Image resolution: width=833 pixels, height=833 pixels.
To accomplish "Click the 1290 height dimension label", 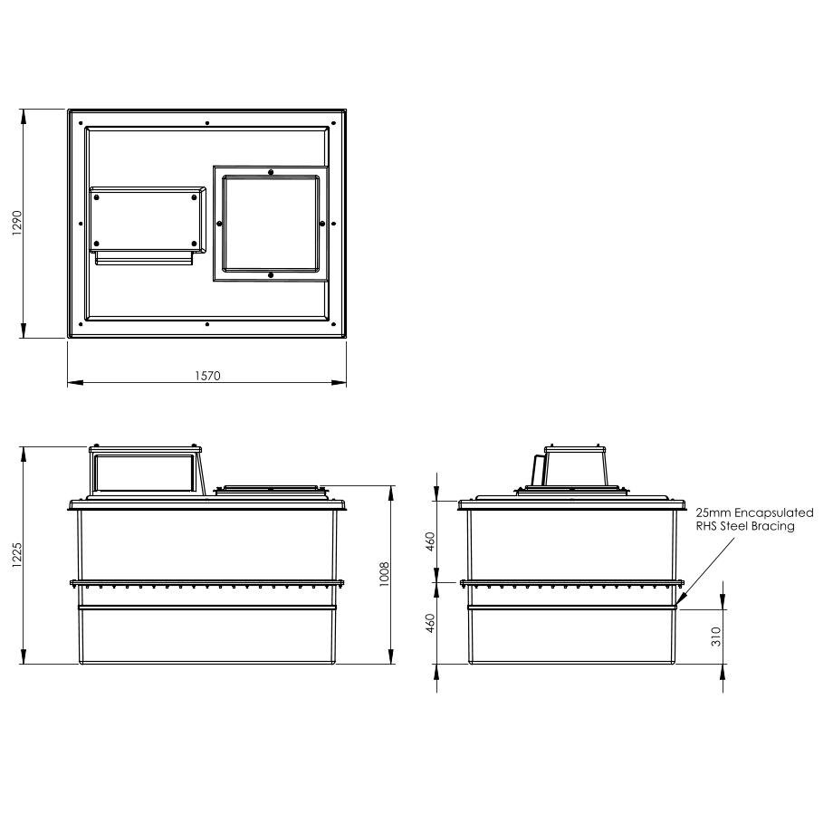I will click(15, 224).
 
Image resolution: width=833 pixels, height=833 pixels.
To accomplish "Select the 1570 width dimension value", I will click(206, 375).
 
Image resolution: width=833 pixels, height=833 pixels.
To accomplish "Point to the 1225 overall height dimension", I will click(15, 554).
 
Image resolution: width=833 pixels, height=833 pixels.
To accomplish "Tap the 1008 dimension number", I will click(384, 574).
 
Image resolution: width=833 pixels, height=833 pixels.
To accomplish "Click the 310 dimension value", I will click(716, 637).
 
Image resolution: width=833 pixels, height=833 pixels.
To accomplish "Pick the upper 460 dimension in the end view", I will click(431, 541).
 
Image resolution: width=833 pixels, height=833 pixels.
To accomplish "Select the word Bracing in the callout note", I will click(774, 526).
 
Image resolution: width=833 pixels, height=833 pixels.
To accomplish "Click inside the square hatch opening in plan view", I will click(271, 223).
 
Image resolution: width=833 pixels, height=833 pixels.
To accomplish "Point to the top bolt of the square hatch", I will click(271, 171).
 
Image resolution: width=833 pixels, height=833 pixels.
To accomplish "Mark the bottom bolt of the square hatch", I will click(271, 274).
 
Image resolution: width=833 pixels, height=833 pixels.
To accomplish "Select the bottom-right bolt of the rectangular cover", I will click(195, 242).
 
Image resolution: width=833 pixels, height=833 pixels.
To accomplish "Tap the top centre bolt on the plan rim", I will click(207, 122).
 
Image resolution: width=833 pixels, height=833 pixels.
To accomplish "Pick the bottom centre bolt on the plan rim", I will click(207, 324).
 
